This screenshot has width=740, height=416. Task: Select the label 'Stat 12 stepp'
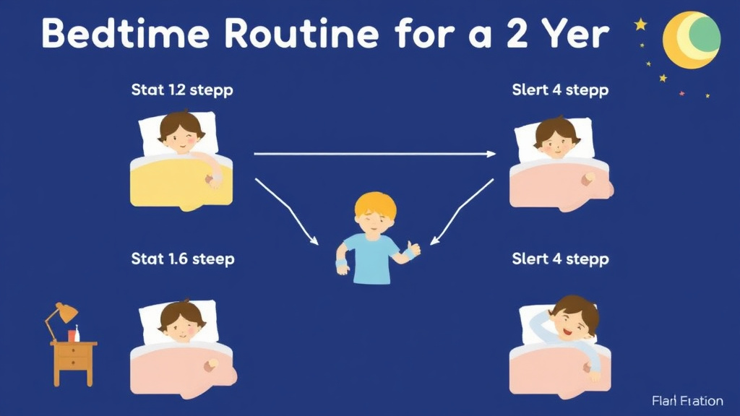pos(182,90)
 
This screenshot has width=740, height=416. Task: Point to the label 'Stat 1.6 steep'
pos(183,259)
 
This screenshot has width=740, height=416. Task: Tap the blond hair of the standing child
pos(375,205)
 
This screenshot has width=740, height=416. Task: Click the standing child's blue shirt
pos(371,256)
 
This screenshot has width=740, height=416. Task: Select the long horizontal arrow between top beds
pos(374,153)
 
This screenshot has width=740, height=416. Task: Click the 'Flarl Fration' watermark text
pos(687,400)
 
